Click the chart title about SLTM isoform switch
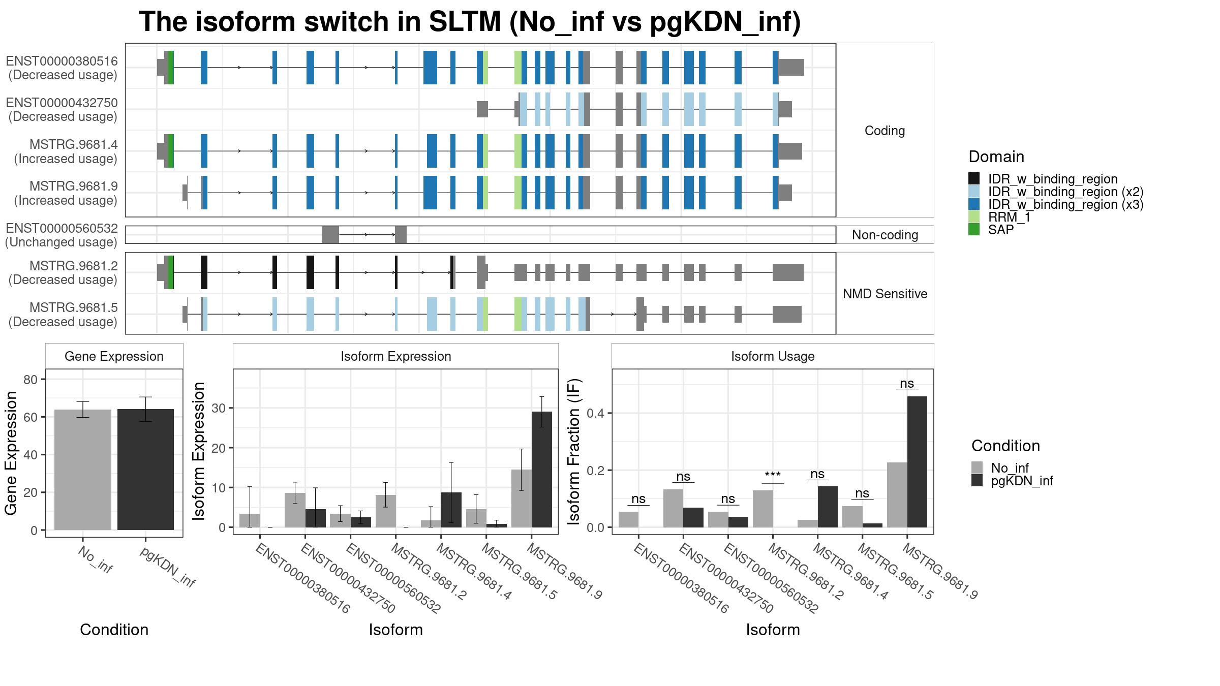pyautogui.click(x=470, y=22)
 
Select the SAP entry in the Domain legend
pyautogui.click(x=1001, y=230)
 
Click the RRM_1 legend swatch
pyautogui.click(x=974, y=217)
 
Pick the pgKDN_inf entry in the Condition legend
pyautogui.click(x=1022, y=481)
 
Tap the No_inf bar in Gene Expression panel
pyautogui.click(x=83, y=470)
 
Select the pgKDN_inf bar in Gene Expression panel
pyautogui.click(x=145, y=470)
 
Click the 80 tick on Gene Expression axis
pyautogui.click(x=30, y=380)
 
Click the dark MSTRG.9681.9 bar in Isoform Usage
pyautogui.click(x=917, y=462)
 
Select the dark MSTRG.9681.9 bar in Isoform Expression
pyautogui.click(x=542, y=470)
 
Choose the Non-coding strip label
pyautogui.click(x=885, y=235)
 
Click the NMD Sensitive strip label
pyautogui.click(x=885, y=294)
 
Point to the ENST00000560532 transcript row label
pyautogui.click(x=62, y=235)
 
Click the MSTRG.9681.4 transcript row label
pyautogui.click(x=66, y=151)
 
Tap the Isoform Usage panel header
pyautogui.click(x=773, y=356)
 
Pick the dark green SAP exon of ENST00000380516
pyautogui.click(x=171, y=68)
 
